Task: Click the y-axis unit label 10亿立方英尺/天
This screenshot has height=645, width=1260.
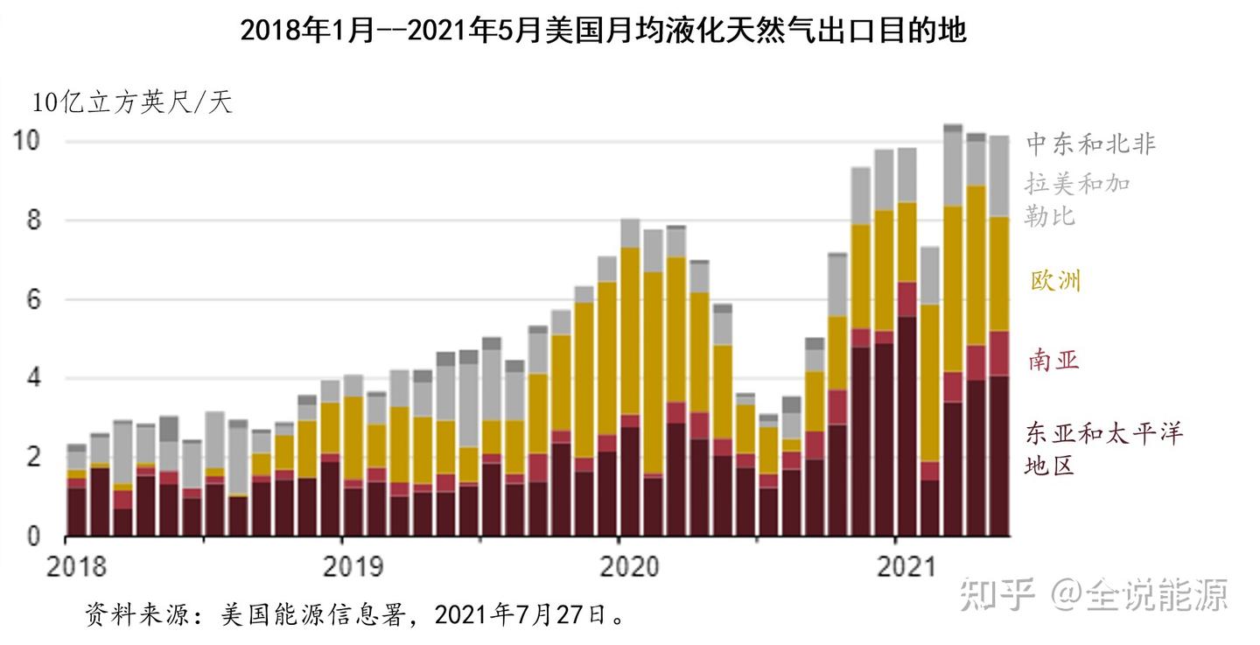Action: click(x=133, y=102)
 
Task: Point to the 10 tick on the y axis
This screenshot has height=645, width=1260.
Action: click(x=29, y=140)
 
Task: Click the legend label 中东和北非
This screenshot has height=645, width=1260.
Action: click(x=1090, y=144)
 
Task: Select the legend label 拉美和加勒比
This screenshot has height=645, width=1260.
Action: click(x=1077, y=199)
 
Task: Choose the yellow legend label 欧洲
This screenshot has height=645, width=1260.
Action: click(x=1056, y=280)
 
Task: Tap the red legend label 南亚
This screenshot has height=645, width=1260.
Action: click(x=1053, y=359)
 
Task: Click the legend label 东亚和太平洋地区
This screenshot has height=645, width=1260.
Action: click(x=1102, y=448)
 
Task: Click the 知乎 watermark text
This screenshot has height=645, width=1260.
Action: click(x=998, y=595)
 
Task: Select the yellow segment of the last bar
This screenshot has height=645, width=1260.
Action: click(x=999, y=274)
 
